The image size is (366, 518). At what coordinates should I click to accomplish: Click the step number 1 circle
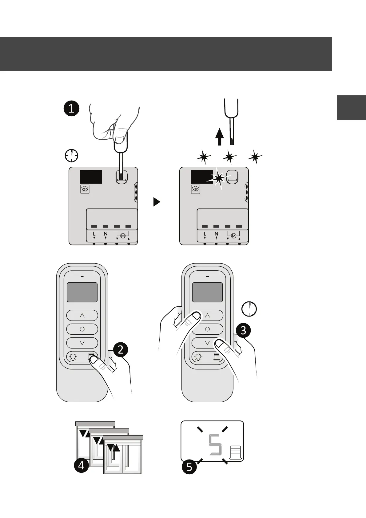tap(71, 108)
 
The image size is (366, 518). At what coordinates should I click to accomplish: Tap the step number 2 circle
tap(121, 350)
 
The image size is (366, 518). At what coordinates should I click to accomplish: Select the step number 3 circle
tap(243, 330)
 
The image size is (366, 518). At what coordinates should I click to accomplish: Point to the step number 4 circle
tap(81, 465)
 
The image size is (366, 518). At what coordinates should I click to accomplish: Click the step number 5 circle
tap(189, 467)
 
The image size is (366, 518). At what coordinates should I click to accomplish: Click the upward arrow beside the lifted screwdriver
tap(219, 137)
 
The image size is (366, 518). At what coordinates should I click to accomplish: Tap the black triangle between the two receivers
tap(157, 202)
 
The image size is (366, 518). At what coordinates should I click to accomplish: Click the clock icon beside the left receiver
tap(71, 156)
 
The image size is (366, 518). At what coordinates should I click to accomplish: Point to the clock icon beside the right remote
tap(249, 309)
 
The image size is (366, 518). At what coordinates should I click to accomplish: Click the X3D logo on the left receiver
tap(85, 189)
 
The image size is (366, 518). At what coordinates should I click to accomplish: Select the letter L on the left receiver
tap(94, 234)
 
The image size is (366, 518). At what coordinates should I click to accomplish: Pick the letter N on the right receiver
tap(217, 234)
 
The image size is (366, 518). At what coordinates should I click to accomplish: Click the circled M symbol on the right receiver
tap(233, 236)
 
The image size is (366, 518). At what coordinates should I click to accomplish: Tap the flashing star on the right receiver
tap(219, 178)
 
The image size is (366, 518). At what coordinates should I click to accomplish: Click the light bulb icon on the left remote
tap(73, 357)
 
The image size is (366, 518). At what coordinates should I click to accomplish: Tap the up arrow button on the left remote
tap(82, 315)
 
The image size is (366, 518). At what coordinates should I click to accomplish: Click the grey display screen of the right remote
tap(207, 292)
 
